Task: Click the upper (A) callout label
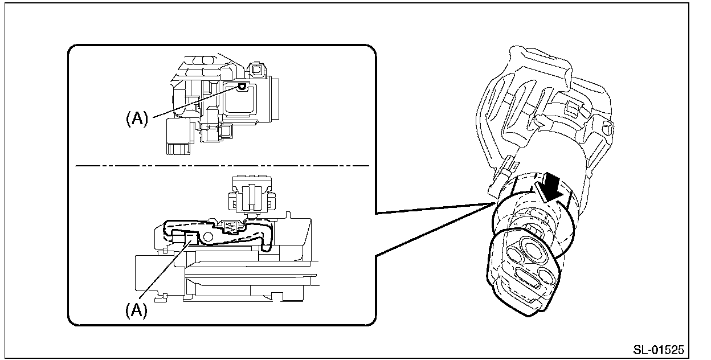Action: coord(137,118)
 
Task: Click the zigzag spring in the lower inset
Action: coord(232,227)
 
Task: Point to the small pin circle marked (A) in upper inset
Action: coord(242,86)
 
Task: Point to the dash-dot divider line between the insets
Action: coord(222,166)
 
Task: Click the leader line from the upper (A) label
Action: coord(194,103)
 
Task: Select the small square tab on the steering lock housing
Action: coord(571,107)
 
